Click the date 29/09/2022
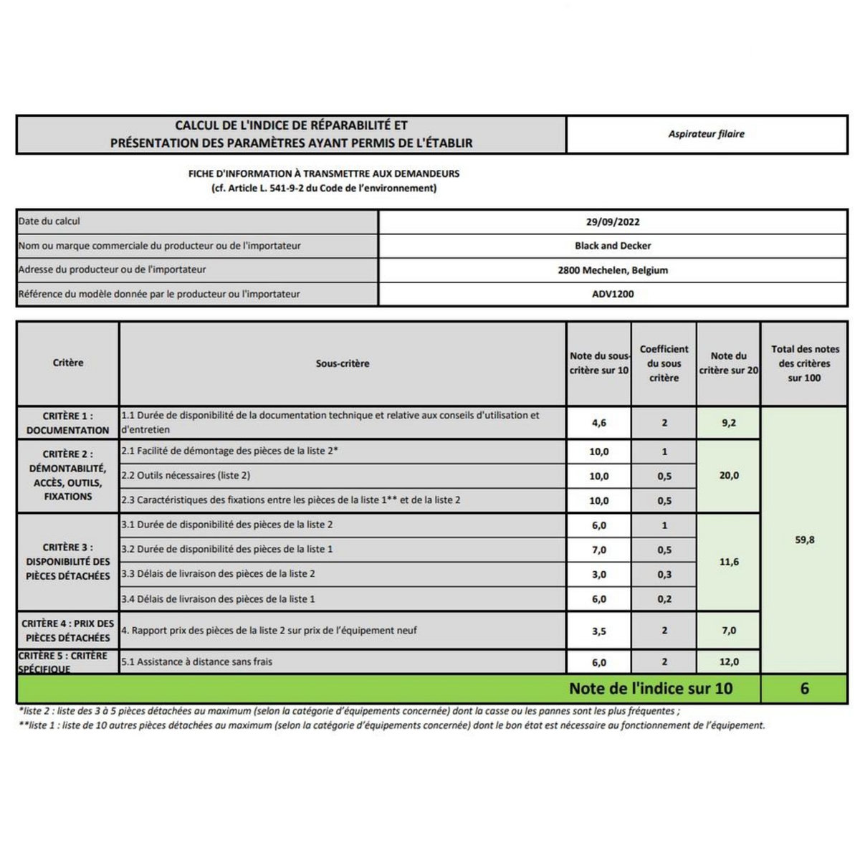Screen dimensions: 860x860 pos(613,222)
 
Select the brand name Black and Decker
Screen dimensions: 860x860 pos(613,246)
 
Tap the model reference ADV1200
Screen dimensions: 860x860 pos(613,294)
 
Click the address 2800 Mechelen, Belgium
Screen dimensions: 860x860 pos(613,270)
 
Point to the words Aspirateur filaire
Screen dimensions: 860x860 pos(706,134)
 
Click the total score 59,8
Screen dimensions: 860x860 pos(804,540)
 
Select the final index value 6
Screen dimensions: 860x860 pos(804,689)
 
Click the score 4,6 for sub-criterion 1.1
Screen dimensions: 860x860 pos(599,423)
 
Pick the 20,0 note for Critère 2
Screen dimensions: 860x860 pos(729,475)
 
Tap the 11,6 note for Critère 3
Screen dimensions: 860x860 pos(729,562)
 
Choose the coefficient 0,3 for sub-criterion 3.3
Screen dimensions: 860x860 pos(664,574)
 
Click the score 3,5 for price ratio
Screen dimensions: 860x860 pos(599,631)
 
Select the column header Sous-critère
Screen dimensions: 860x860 pos(343,363)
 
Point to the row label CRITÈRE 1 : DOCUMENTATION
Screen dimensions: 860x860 pos(68,423)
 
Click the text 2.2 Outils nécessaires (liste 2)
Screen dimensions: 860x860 pos(185,476)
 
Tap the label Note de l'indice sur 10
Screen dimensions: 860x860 pos(651,689)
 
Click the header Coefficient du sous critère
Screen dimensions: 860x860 pos(664,363)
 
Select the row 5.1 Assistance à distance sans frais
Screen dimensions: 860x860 pos(197,661)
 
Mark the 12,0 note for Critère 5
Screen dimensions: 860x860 pos(729,661)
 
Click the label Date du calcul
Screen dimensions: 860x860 pos(49,221)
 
